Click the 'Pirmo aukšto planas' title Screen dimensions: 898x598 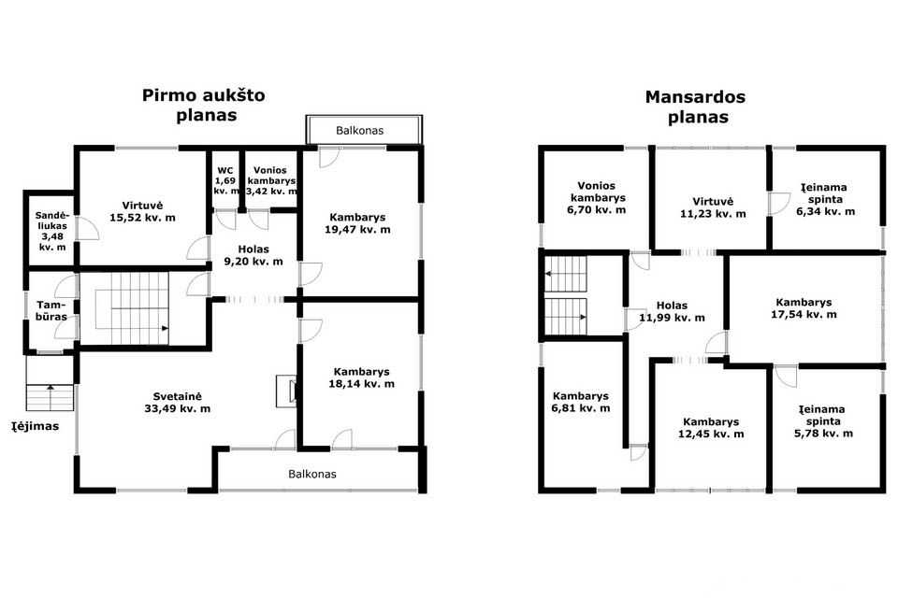[204, 105]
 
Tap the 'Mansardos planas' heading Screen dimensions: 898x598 [695, 107]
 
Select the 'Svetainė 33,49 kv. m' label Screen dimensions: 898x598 [178, 403]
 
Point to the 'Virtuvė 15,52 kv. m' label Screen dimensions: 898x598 [142, 211]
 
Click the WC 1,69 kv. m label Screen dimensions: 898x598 [225, 180]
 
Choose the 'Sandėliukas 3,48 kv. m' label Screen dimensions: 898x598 [52, 231]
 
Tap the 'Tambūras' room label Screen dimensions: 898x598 [51, 311]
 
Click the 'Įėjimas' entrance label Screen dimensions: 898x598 [36, 426]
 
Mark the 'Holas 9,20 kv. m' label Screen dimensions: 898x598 [253, 255]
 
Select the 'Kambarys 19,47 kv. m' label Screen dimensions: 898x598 [357, 223]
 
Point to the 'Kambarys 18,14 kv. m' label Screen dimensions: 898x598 [361, 377]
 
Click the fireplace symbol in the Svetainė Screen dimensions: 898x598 [286, 391]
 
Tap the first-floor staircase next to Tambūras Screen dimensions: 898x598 [132, 308]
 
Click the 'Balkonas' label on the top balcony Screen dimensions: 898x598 [359, 131]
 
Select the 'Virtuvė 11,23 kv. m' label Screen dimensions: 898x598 [713, 207]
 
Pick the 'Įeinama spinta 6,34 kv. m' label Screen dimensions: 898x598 [825, 199]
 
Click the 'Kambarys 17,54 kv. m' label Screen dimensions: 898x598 [804, 307]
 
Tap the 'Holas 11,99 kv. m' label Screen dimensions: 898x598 [672, 311]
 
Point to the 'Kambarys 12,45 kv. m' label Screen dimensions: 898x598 [711, 427]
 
